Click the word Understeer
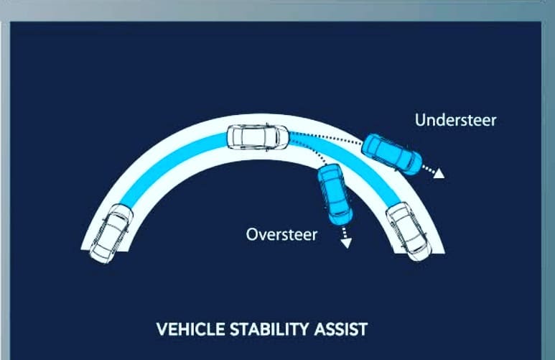(x=455, y=120)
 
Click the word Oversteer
(x=281, y=234)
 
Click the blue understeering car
(x=391, y=152)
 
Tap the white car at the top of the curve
(x=258, y=137)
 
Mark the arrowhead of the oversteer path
(x=346, y=244)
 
